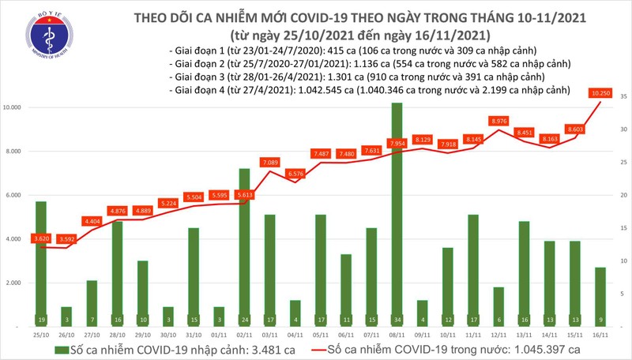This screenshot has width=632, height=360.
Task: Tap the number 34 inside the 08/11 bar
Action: point(401,320)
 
